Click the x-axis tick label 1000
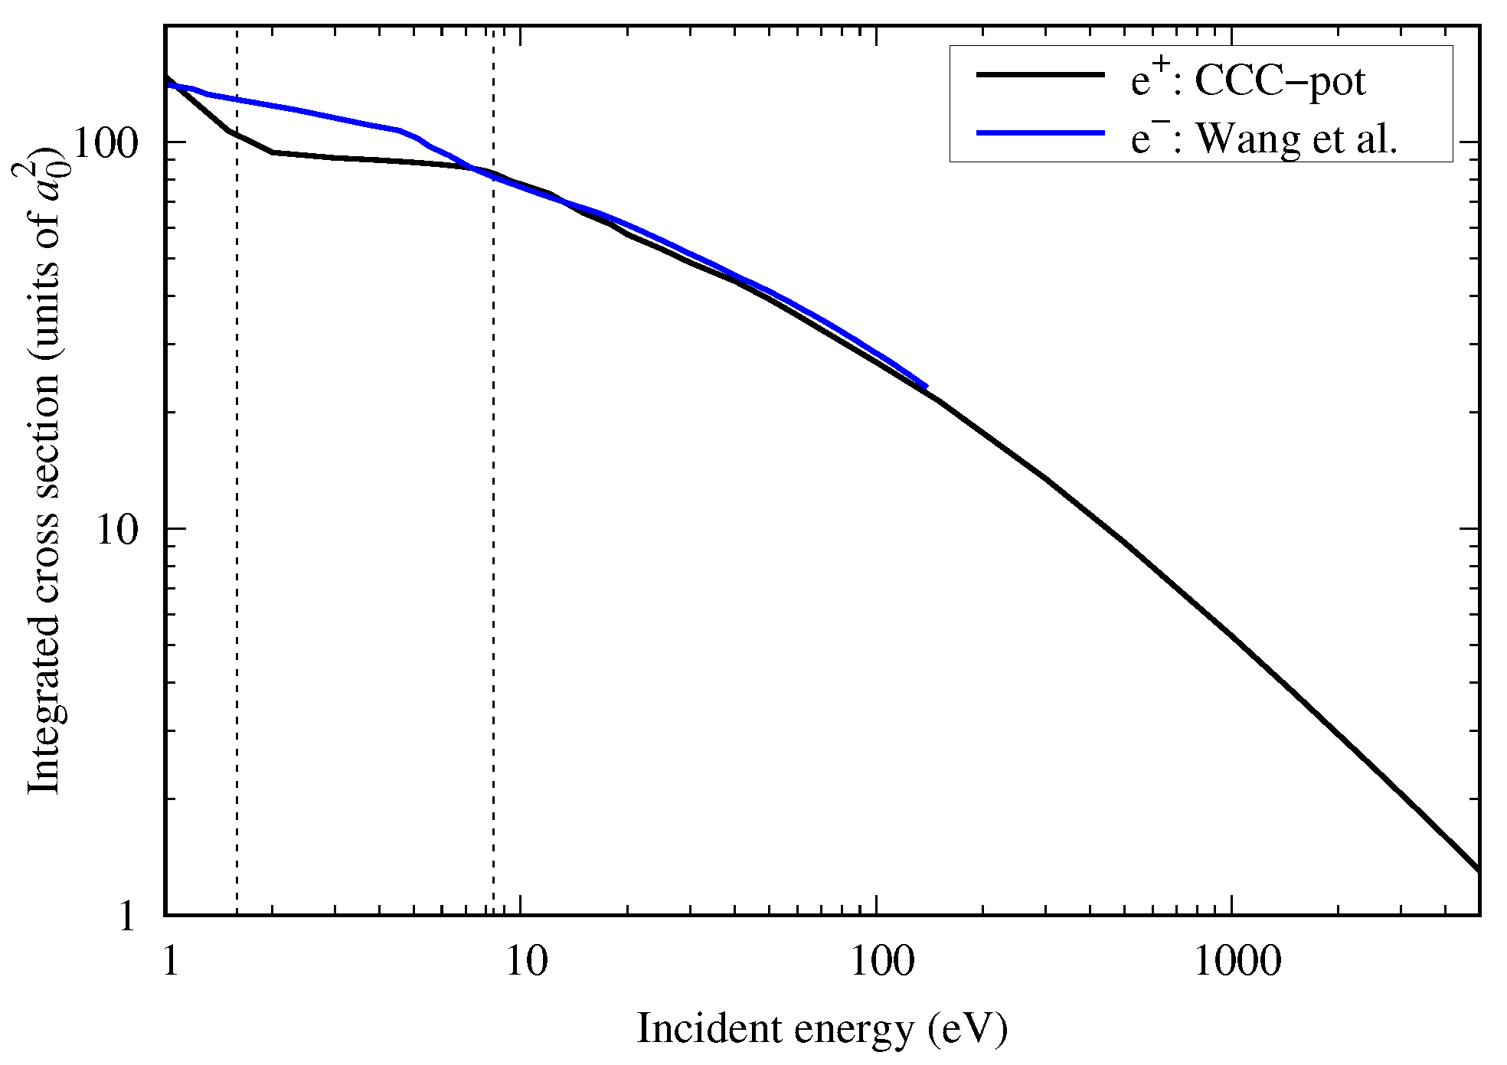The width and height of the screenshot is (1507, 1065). [x=1237, y=961]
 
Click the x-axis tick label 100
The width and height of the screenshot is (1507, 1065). [x=882, y=961]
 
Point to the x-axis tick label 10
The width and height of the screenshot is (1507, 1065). [x=527, y=961]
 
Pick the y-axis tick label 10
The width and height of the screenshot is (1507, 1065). [x=117, y=529]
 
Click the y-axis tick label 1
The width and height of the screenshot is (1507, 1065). [x=128, y=916]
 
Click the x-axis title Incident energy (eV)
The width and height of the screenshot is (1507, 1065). [x=822, y=1030]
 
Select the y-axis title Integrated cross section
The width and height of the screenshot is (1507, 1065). [x=44, y=475]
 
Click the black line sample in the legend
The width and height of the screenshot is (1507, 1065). [x=1040, y=74]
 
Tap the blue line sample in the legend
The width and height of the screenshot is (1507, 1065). [x=1040, y=133]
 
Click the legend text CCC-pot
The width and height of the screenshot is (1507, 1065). [x=1280, y=81]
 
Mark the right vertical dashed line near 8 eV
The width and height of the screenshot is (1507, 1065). [x=493, y=536]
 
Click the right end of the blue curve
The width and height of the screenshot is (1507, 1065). [x=926, y=386]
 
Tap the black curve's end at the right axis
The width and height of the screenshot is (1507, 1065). [x=1477, y=870]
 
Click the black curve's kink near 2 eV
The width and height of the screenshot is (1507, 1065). [x=273, y=152]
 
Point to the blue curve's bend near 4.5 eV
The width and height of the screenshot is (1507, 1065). [x=400, y=131]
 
